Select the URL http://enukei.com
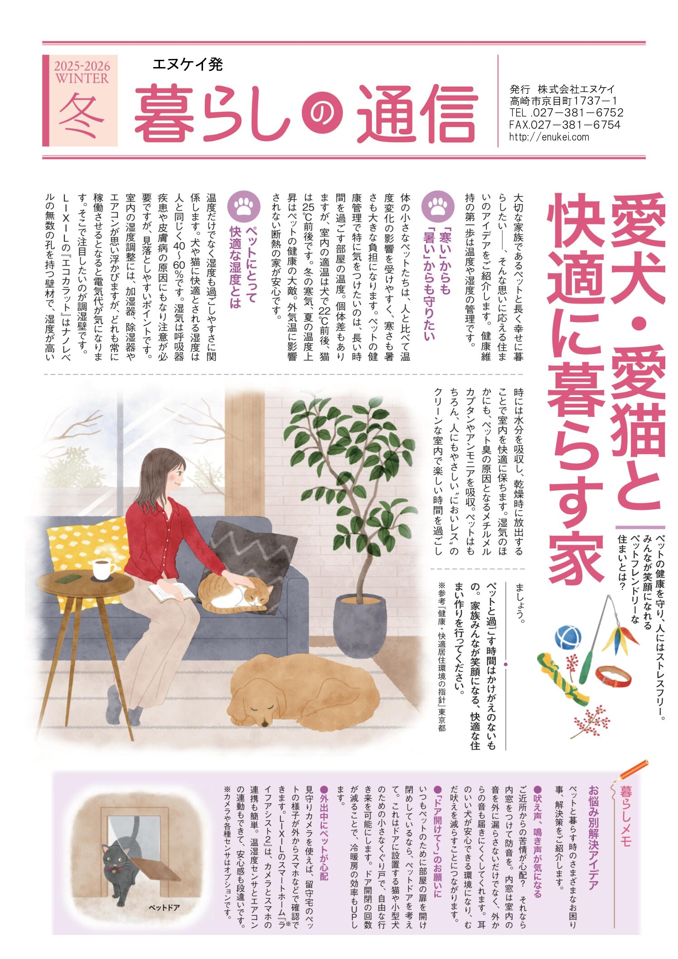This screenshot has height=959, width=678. tap(549, 137)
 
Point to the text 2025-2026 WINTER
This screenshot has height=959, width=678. tap(82, 73)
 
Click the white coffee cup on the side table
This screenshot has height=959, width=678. tap(103, 569)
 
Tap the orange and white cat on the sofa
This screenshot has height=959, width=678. tap(237, 591)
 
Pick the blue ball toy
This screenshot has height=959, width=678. tap(568, 637)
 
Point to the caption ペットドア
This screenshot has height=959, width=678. tap(165, 907)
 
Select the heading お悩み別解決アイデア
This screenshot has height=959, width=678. tap(593, 841)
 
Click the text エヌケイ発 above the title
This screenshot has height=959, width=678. tap(188, 65)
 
